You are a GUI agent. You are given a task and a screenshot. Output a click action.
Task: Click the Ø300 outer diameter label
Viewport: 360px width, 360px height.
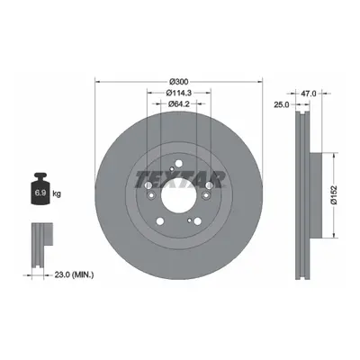coord(179,81)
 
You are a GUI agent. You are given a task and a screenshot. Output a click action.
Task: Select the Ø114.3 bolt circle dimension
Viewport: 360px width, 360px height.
coord(179,93)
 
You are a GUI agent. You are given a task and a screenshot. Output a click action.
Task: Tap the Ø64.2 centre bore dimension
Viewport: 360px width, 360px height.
coord(179,103)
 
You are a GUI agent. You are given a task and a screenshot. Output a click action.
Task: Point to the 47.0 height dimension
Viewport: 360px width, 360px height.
coord(308,94)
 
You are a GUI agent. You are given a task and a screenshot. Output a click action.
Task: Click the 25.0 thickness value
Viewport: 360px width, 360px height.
coord(281,104)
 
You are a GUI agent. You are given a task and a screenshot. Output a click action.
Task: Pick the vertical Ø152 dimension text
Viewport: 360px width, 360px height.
coord(334,195)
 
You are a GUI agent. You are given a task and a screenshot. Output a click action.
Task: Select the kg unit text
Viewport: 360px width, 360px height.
coord(57,193)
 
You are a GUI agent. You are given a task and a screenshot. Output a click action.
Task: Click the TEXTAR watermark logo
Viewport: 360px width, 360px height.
coord(180,180)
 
